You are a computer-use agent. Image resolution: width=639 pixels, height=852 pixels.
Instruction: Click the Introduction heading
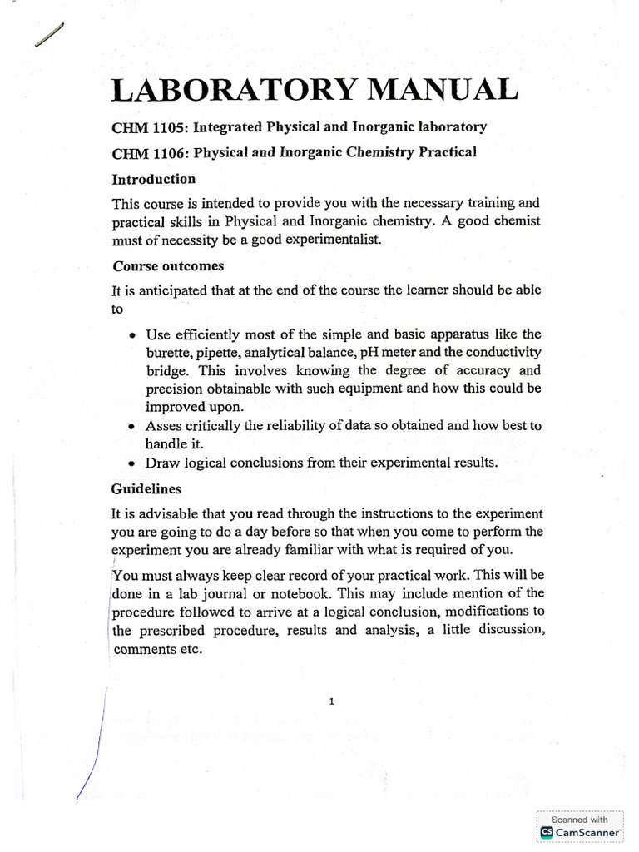(154, 179)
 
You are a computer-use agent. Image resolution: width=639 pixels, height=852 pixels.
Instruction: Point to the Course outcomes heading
(168, 266)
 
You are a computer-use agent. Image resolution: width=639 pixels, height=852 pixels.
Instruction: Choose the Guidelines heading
(146, 488)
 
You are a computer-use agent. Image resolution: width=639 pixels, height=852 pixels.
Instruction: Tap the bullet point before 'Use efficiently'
(133, 335)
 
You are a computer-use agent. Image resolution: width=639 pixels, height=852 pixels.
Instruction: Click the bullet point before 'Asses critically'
(133, 426)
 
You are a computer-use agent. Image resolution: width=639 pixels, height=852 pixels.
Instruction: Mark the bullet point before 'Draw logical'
(133, 463)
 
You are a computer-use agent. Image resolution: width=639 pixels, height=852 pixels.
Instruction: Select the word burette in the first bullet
(167, 353)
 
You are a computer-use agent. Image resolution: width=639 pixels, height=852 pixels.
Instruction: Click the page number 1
(331, 701)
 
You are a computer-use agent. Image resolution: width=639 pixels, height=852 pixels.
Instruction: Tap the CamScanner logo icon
(547, 831)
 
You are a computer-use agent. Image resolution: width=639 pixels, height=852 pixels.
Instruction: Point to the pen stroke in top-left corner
(50, 36)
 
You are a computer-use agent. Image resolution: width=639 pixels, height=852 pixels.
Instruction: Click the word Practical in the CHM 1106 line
(447, 153)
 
